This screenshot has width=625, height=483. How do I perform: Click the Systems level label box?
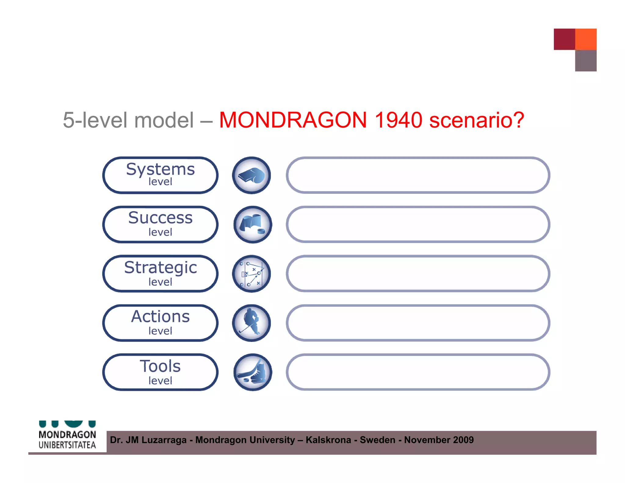coord(160,175)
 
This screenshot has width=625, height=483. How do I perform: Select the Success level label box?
coord(160,224)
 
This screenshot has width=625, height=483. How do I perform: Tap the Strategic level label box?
coord(160,274)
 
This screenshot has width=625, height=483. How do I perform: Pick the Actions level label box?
coord(160,323)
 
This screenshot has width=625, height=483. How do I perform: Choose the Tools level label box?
coord(160,372)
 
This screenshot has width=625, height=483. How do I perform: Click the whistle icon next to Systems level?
coord(251,175)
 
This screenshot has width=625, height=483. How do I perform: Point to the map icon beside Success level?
coord(253,224)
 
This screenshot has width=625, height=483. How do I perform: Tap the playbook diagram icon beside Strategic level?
coord(251,274)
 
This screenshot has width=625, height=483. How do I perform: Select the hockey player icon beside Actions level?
coord(251,323)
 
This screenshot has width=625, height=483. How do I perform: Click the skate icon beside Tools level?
coord(253,372)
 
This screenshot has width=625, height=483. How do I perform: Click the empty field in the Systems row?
coord(418,175)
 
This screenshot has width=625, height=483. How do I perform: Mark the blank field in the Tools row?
coord(418,372)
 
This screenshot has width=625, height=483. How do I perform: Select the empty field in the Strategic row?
coord(418,274)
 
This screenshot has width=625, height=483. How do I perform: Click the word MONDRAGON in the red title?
coord(293,120)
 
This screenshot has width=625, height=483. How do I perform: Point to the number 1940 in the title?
coord(398,120)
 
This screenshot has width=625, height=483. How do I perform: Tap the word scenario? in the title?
coord(476,120)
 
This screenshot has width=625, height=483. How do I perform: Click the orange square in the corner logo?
coord(586,39)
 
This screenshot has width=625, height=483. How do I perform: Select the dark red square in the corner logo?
coord(564,39)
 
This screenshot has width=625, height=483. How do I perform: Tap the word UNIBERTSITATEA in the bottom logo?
coord(67,445)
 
